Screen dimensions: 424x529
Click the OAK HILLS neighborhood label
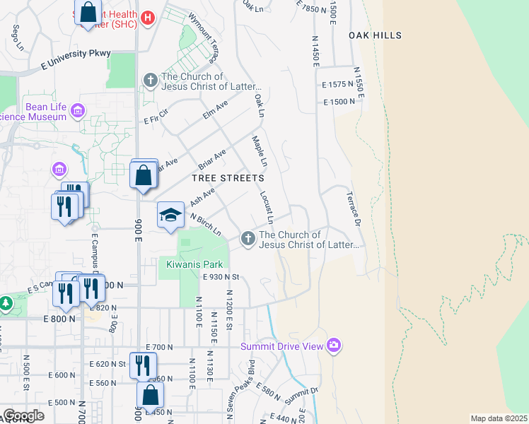tap(375, 35)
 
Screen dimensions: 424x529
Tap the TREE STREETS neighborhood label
tap(228, 179)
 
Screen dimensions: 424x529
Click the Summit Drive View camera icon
tap(334, 346)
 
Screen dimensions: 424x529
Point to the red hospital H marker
tap(147, 18)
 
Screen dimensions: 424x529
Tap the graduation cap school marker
tap(170, 214)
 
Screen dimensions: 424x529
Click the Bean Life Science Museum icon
tap(77, 110)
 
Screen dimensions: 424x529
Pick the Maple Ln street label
tap(260, 152)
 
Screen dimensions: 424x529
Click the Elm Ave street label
tap(215, 110)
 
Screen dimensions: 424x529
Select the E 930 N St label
tap(222, 278)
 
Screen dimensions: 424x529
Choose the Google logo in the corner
tap(23, 416)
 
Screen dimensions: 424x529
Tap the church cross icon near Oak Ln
tap(150, 81)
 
